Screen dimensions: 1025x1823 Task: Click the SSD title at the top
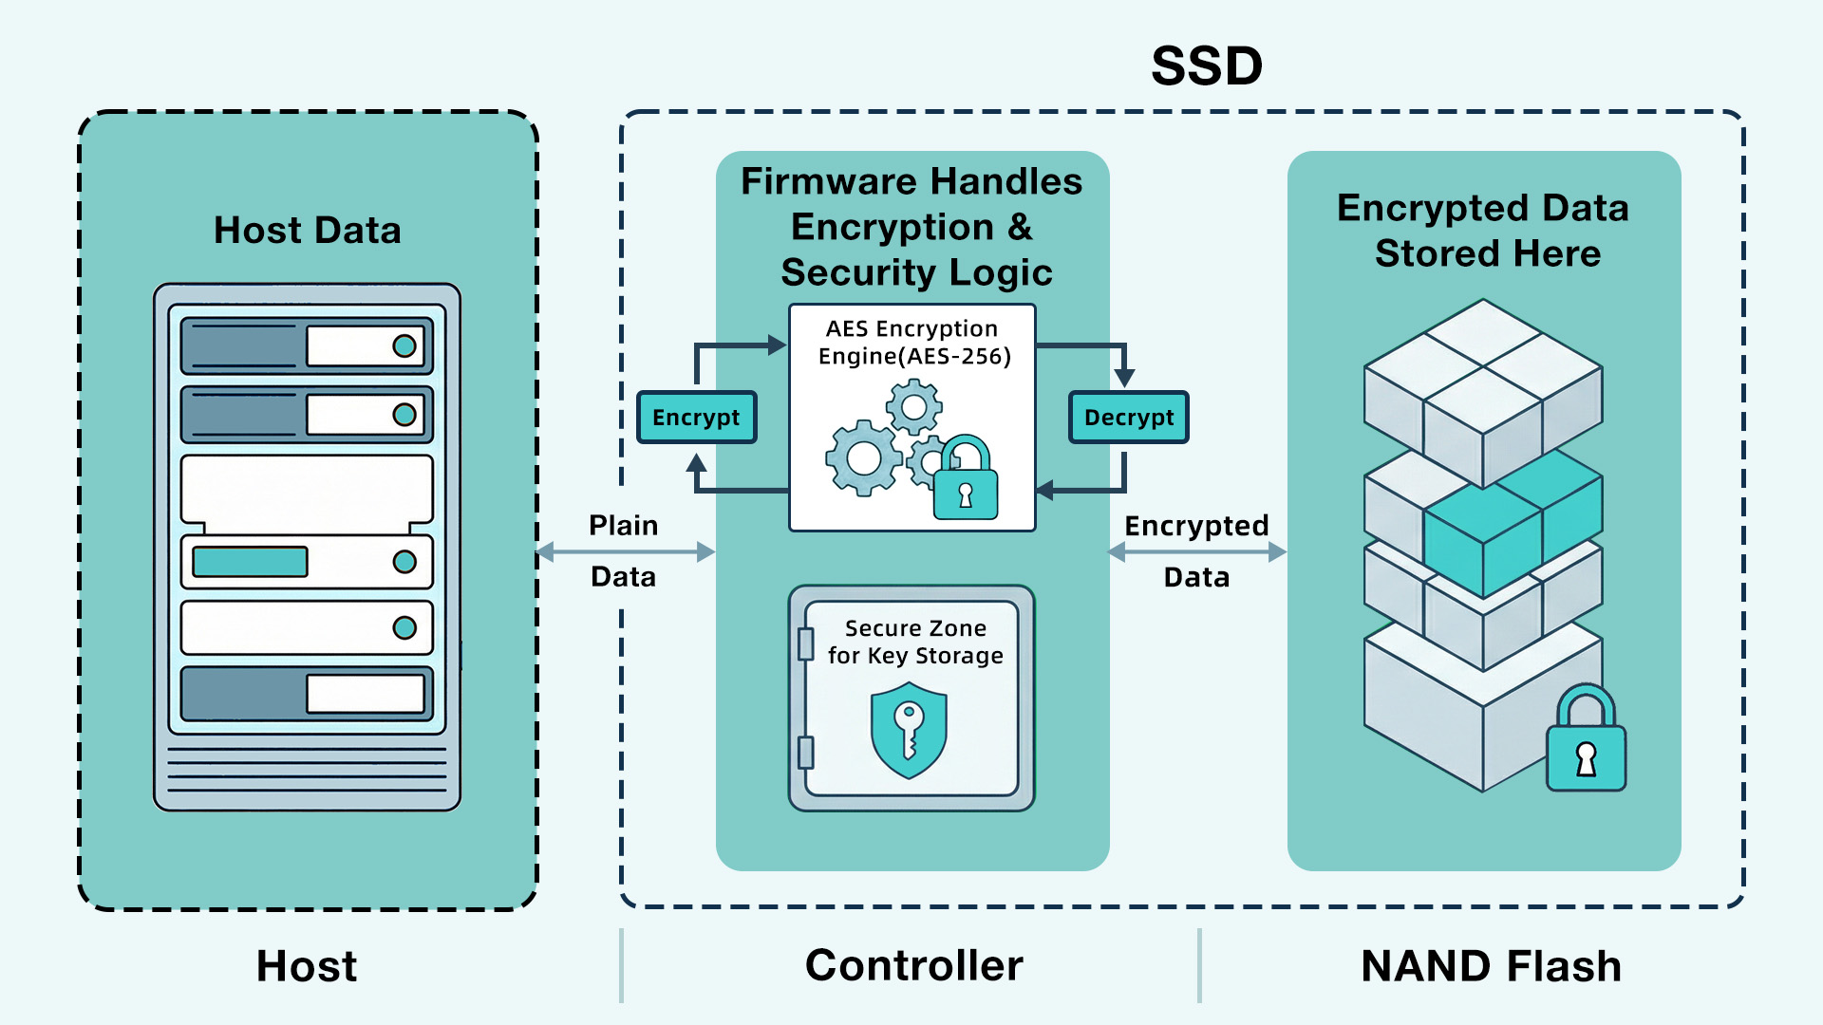1206,66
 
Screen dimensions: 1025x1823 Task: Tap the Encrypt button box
696,418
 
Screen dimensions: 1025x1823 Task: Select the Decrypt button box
1128,418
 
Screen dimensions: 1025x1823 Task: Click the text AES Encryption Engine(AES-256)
913,343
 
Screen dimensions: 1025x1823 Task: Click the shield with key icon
909,730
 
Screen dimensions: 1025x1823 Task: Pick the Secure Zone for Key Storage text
915,643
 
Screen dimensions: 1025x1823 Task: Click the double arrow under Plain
625,551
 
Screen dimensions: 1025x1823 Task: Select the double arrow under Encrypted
1196,551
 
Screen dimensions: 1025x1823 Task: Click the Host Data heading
307,231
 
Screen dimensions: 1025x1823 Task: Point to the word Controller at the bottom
913,965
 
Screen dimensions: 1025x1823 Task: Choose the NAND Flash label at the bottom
1491,966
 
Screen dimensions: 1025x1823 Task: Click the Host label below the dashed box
307,966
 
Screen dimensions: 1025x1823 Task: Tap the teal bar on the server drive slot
250,562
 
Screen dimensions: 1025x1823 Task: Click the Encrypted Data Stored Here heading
1483,231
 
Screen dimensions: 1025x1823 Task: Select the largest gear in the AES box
863,458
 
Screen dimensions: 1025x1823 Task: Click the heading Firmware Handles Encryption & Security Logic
912,227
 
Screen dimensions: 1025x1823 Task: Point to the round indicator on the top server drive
404,345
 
